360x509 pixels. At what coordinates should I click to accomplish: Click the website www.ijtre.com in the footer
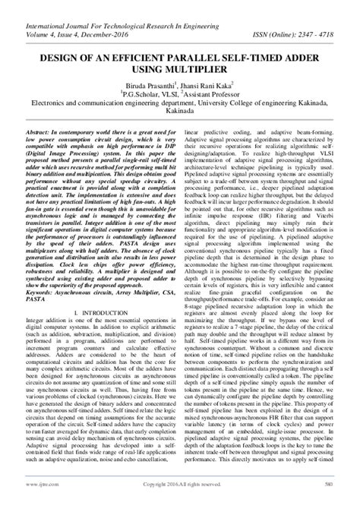pos(37,503)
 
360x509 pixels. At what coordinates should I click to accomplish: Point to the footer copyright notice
pos(180,503)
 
